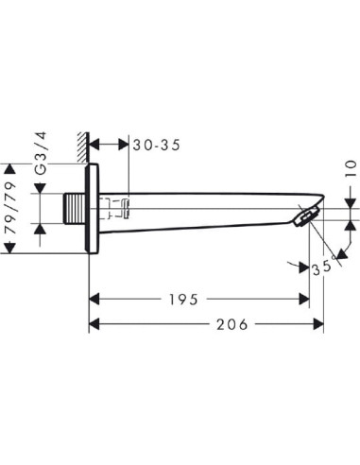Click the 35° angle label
coord(324,267)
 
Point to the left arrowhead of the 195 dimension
coord(95,300)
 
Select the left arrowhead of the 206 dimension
coord(95,324)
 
